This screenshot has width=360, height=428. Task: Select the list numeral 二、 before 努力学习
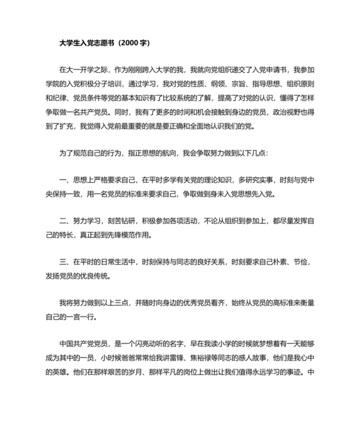(x=64, y=221)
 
